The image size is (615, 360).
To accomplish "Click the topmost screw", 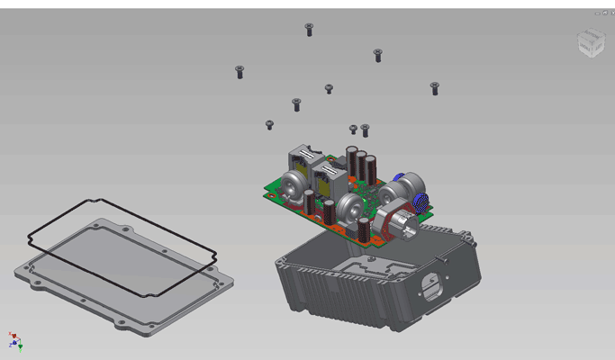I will (309, 30).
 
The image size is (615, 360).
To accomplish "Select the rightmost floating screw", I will (435, 87).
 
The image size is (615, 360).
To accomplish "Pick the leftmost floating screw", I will (240, 71).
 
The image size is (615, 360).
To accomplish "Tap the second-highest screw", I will (377, 55).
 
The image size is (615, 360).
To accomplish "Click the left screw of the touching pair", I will (353, 130).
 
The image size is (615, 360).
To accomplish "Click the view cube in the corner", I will (591, 41).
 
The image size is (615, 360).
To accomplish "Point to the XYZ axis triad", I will (15, 340).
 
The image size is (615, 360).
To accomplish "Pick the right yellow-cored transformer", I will (328, 176).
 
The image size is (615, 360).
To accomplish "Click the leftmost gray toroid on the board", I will (293, 188).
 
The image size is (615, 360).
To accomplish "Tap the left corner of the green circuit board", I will (267, 190).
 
